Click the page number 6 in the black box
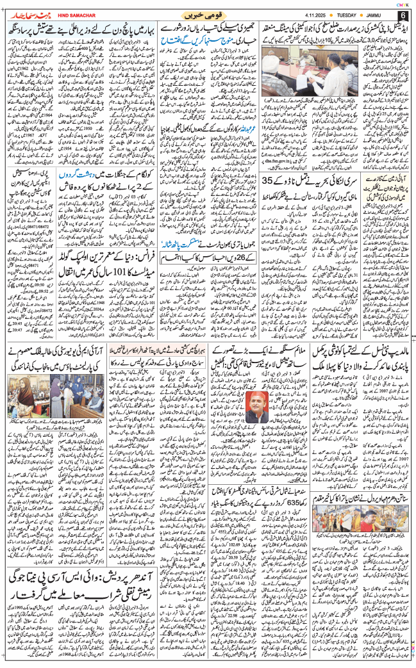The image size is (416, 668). click(x=402, y=15)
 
